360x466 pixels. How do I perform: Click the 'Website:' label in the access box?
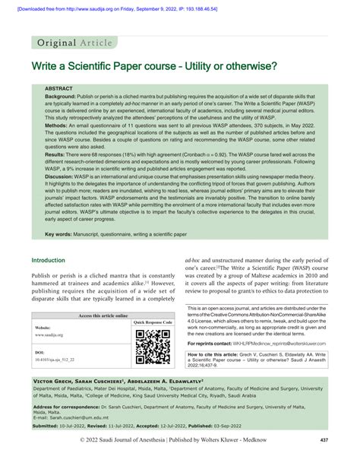pos(43,328)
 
